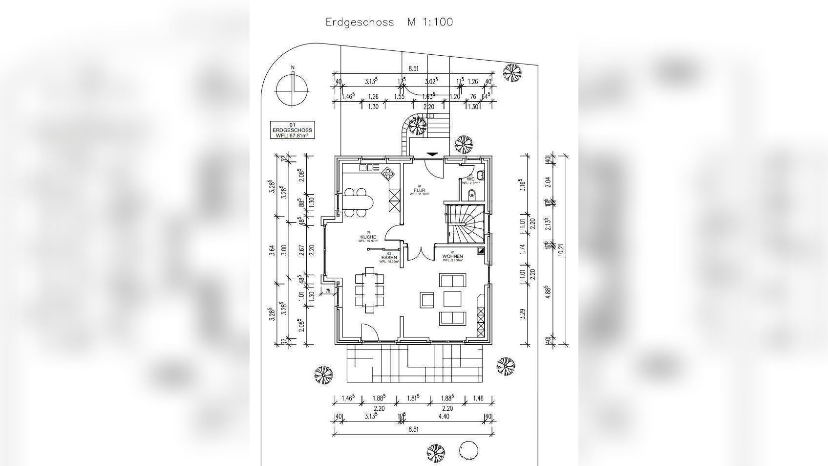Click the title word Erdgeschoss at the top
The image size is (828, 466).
(360, 22)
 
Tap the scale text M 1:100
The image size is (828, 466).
(430, 22)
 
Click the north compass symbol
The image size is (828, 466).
(292, 90)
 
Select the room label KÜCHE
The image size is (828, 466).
(368, 237)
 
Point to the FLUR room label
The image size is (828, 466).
(420, 190)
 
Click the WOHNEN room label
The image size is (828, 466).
(452, 256)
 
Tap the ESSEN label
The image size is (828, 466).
(389, 257)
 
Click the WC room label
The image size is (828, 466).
(470, 179)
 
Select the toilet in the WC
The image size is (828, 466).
(472, 195)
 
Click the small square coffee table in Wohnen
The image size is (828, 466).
(452, 298)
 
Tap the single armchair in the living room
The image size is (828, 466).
(427, 299)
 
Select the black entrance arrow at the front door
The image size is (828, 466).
(432, 154)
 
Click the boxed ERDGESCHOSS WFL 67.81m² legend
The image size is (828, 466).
(292, 130)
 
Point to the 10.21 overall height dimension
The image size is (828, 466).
(561, 249)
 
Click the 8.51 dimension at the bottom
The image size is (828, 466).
(413, 429)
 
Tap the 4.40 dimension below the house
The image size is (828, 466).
(444, 417)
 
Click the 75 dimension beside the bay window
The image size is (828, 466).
(328, 291)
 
